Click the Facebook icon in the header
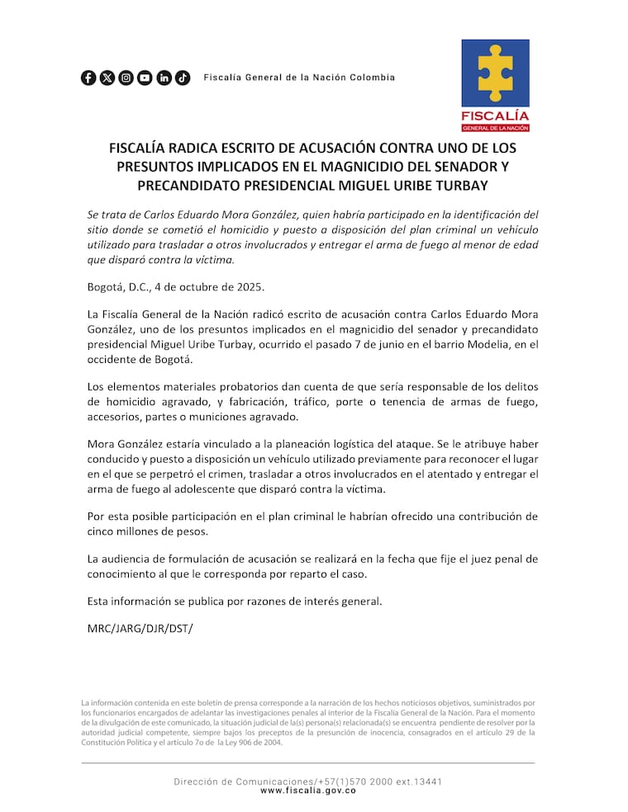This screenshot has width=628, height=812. [x=88, y=78]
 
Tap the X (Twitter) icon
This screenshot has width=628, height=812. [x=107, y=78]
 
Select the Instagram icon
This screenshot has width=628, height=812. [x=126, y=78]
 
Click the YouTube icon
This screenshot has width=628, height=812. [x=145, y=78]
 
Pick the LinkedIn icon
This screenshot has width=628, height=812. [x=164, y=78]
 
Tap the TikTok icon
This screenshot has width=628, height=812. [x=183, y=78]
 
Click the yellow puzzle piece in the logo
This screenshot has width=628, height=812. [x=495, y=73]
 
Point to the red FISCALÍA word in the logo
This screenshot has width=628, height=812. [x=495, y=116]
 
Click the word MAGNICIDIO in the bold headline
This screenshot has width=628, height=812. [x=383, y=167]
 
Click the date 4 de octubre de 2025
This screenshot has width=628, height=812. [x=207, y=287]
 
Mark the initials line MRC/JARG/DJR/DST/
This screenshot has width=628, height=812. [x=140, y=629]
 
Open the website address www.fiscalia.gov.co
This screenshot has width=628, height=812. [x=308, y=791]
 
